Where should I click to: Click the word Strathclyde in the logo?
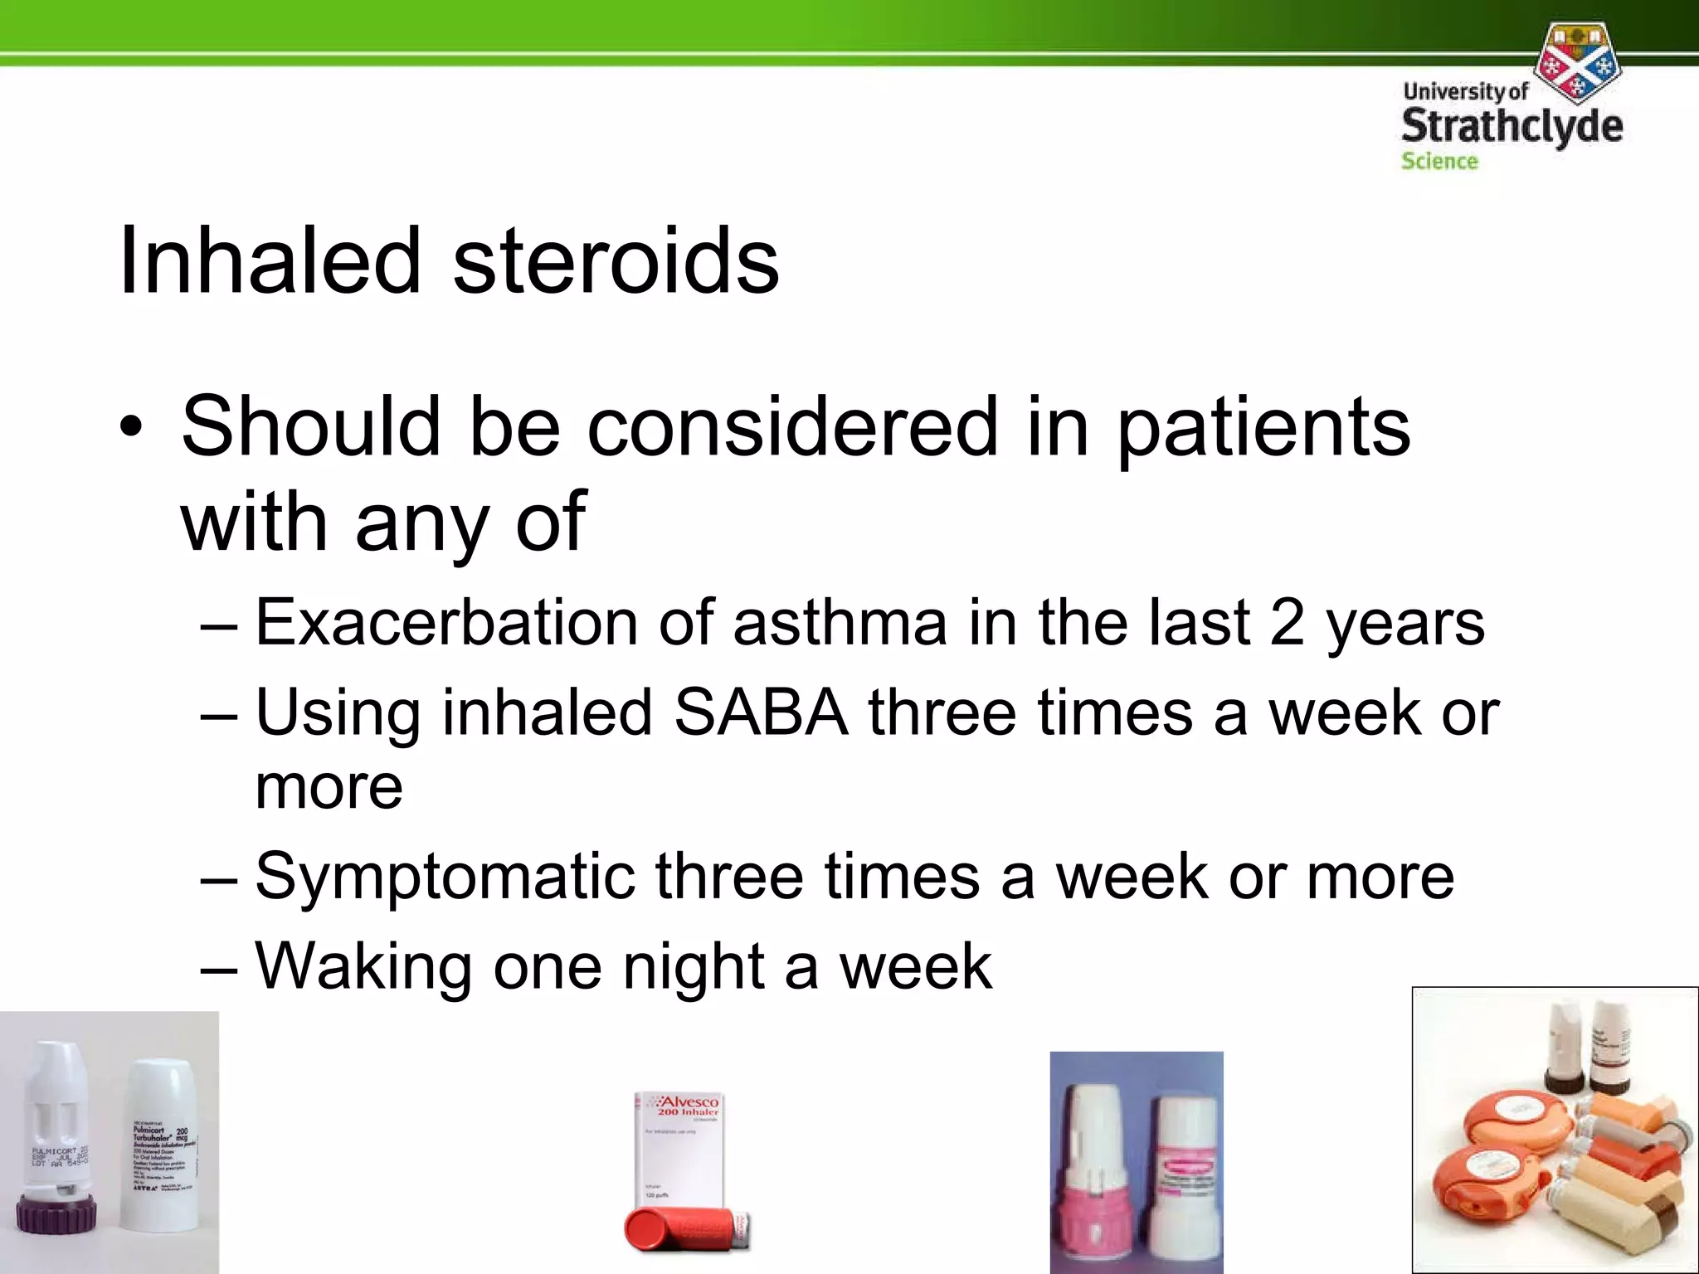point(1512,127)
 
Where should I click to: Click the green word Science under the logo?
point(1439,161)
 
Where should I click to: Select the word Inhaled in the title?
point(270,260)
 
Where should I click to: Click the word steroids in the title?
point(616,260)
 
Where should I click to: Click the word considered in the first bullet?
point(792,426)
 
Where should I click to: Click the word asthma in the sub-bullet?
point(840,622)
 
